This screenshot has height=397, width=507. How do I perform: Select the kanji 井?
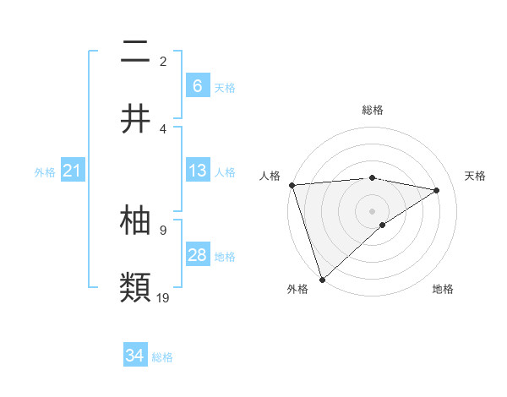click(135, 118)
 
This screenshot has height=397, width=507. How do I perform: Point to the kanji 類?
click(135, 286)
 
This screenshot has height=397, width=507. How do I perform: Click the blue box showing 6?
click(198, 85)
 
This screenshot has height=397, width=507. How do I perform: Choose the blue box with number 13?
click(198, 171)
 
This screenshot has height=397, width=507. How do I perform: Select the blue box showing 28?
click(198, 255)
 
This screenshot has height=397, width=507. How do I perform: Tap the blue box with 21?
click(72, 171)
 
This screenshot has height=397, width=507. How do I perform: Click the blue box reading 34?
click(135, 356)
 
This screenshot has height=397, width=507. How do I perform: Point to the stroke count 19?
click(164, 296)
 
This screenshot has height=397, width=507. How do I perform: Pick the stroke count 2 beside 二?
click(163, 61)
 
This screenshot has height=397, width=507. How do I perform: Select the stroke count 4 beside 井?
click(163, 128)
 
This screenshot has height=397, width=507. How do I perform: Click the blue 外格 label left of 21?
click(45, 172)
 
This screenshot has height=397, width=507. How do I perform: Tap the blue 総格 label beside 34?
click(162, 357)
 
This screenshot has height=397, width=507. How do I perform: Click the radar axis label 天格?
click(475, 176)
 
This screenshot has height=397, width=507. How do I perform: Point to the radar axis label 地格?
click(443, 289)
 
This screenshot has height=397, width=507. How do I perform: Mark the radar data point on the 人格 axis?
click(292, 185)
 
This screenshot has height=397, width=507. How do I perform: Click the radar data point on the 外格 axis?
click(322, 279)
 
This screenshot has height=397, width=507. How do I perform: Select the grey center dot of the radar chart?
click(372, 210)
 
